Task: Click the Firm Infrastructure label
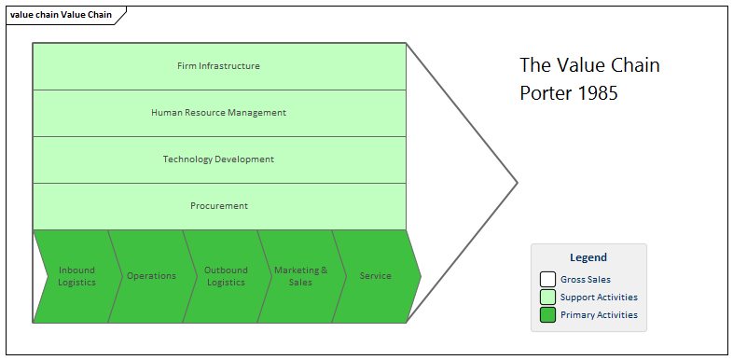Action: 218,66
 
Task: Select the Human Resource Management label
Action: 218,113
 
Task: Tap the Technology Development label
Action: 218,159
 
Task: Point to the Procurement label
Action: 218,206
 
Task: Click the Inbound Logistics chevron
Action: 76,276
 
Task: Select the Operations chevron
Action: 151,276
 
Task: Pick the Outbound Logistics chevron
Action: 226,276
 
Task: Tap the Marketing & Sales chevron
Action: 300,276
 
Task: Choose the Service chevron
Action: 376,276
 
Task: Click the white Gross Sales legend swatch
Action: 547,279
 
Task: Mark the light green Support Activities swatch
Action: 547,297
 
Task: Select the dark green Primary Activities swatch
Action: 547,314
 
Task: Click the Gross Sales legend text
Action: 586,279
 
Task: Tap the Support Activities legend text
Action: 599,297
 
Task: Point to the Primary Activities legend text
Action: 599,314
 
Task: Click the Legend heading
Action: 588,257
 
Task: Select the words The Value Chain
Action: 589,65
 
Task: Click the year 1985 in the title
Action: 598,93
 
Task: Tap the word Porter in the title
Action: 546,93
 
